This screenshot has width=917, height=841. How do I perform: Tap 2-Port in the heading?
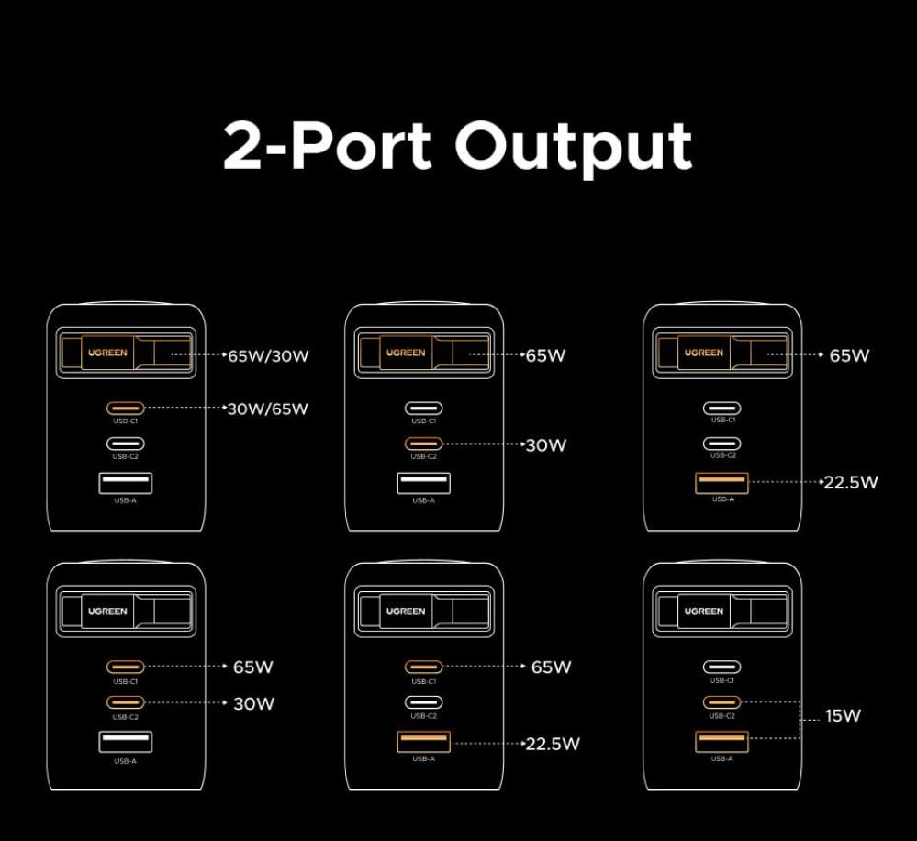tap(327, 145)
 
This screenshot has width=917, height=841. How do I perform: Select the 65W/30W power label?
tap(268, 355)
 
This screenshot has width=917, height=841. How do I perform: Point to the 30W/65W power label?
tap(268, 409)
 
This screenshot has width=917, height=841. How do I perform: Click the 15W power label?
tap(843, 716)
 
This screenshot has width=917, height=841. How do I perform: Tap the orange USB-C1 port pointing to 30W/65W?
tap(126, 409)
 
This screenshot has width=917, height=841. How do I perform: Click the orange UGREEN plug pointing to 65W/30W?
tap(108, 353)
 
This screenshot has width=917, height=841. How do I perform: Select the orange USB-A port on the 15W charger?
tap(722, 741)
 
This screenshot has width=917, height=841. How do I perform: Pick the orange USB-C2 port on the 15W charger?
tap(722, 702)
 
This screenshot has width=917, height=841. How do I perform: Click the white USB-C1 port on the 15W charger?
tap(722, 667)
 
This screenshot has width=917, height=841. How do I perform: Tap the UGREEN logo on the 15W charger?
tap(703, 611)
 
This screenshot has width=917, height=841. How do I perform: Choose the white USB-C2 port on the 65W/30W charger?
tap(126, 443)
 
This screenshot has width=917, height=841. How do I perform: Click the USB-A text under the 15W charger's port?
tap(722, 759)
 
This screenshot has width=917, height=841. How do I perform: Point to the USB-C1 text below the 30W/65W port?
tap(126, 421)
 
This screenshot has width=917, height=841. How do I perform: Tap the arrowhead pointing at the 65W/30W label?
tap(223, 354)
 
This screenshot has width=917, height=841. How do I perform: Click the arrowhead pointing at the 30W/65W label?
tap(223, 407)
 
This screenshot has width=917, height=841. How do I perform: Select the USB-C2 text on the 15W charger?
tap(722, 715)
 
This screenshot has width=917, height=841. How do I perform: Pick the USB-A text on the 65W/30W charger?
tap(126, 500)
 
